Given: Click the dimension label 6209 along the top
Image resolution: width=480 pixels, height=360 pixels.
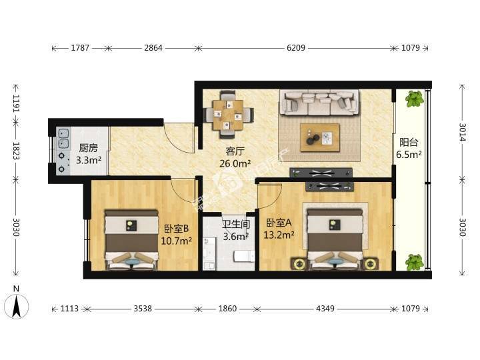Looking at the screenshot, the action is click(296, 48).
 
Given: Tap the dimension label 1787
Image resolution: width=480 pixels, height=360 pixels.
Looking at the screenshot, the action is click(80, 48).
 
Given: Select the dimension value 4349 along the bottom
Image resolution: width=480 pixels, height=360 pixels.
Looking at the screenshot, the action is click(325, 309).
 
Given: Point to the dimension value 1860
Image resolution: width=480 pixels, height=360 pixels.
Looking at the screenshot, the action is click(227, 309).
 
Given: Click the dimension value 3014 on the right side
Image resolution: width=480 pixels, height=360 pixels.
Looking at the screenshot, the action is click(462, 132).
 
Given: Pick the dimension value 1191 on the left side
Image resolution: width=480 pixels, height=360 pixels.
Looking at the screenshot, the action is click(16, 103).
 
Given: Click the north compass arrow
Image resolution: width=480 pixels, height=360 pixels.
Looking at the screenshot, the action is click(16, 306).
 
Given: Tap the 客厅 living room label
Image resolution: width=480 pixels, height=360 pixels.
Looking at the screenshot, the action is click(235, 151).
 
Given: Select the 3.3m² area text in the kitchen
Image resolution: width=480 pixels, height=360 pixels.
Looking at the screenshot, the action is click(89, 160).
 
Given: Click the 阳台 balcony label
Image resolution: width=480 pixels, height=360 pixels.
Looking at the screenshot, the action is click(409, 143).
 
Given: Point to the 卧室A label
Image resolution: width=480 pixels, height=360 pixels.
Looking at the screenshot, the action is click(278, 223).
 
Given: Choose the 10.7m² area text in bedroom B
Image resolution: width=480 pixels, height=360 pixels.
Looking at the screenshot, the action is click(176, 241).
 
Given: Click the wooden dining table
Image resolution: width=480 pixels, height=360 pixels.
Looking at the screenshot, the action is click(228, 115).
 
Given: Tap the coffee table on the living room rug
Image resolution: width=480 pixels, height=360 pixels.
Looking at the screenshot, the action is click(320, 137).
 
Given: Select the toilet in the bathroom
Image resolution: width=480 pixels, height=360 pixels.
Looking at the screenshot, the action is click(244, 256).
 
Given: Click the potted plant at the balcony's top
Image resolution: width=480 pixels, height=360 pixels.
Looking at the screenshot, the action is click(415, 99).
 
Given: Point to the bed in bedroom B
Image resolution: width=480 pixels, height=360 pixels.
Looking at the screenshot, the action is click(131, 240).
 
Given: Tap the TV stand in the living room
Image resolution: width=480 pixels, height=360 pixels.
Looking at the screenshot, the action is click(321, 173).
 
